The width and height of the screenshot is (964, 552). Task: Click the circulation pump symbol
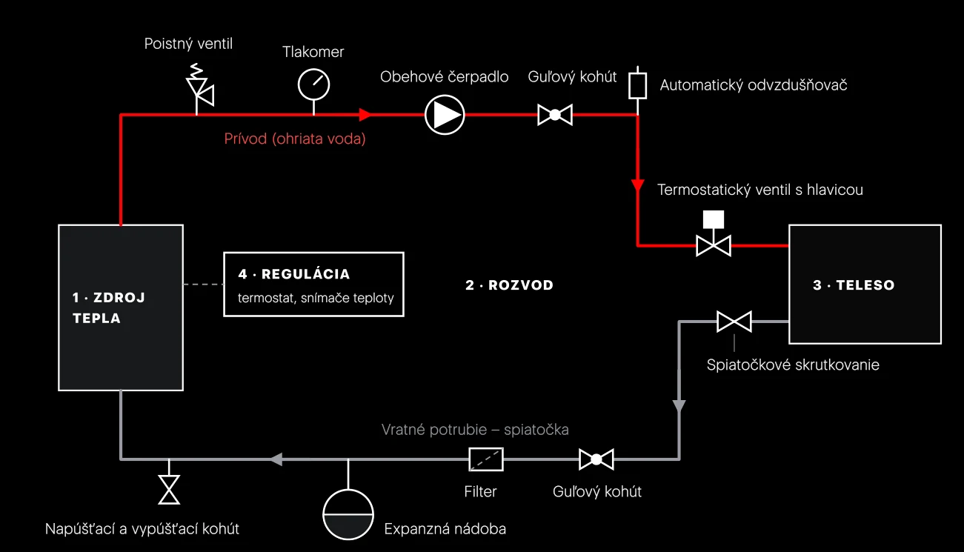pyautogui.click(x=445, y=115)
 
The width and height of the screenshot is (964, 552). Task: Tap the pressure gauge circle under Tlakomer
pyautogui.click(x=313, y=84)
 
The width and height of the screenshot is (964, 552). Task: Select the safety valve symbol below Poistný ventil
pyautogui.click(x=199, y=87)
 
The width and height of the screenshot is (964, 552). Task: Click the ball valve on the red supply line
pyautogui.click(x=555, y=115)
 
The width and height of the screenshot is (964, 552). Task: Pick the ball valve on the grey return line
pyautogui.click(x=596, y=459)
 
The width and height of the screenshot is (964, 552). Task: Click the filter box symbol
pyautogui.click(x=486, y=459)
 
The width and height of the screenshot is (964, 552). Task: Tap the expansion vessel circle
pyautogui.click(x=348, y=514)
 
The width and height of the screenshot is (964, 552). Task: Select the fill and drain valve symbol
pyautogui.click(x=169, y=490)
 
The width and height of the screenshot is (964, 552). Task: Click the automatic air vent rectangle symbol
pyautogui.click(x=637, y=86)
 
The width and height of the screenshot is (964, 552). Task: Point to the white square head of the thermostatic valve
pyautogui.click(x=714, y=220)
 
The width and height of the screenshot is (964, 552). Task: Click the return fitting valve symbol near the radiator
pyautogui.click(x=734, y=322)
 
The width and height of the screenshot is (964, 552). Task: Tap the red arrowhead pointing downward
pyautogui.click(x=637, y=186)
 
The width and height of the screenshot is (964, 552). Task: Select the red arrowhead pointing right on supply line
pyautogui.click(x=365, y=114)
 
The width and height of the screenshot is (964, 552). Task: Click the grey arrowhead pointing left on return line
pyautogui.click(x=276, y=459)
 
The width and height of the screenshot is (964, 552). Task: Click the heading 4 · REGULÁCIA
pyautogui.click(x=294, y=274)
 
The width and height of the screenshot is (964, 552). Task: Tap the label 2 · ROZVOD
pyautogui.click(x=510, y=285)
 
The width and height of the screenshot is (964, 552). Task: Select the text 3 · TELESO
pyautogui.click(x=854, y=285)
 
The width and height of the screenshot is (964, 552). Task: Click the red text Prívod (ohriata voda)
pyautogui.click(x=295, y=139)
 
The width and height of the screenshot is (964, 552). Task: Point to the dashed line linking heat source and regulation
pyautogui.click(x=204, y=285)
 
